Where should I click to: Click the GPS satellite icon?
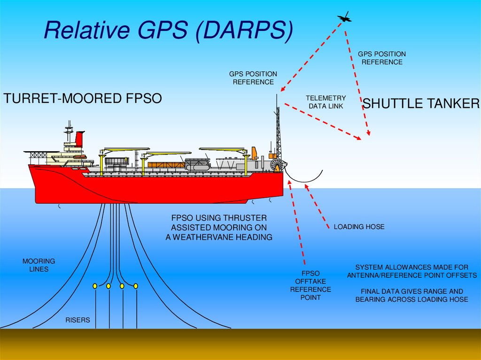344,18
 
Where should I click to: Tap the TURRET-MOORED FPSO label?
83,99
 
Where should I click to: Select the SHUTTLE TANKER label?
421,104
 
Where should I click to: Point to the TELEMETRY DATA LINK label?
326,102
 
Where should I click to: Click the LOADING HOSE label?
359,227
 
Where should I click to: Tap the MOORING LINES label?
39,265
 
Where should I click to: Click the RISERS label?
78,321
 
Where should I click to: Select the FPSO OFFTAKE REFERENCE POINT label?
310,285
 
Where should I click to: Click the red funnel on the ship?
80,139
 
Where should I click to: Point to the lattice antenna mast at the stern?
278,131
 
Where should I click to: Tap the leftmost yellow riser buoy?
95,286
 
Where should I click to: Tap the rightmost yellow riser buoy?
136,286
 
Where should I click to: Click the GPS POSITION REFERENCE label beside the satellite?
382,58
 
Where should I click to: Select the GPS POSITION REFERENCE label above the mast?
253,78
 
